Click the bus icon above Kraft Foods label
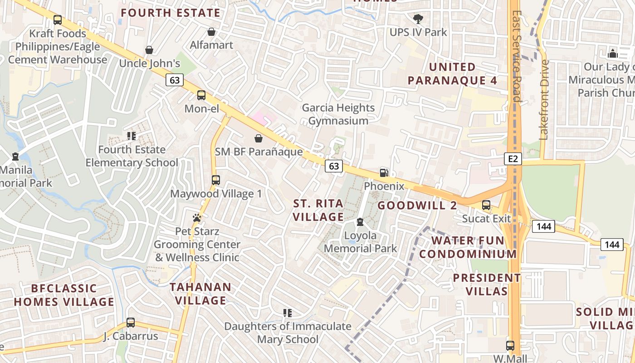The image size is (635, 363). click(58, 20)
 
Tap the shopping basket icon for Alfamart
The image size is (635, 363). click(211, 32)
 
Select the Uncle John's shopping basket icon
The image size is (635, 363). click(149, 50)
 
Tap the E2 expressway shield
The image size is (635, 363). click(513, 158)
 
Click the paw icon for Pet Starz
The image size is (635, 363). click(197, 218)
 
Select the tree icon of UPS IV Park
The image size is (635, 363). click(418, 19)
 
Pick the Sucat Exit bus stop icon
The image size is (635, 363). click(486, 205)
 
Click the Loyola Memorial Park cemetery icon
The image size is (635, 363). click(360, 222)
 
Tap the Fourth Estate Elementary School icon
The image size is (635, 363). click(132, 136)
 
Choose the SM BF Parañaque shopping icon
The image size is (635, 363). click(259, 138)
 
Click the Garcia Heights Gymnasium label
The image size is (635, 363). click(338, 114)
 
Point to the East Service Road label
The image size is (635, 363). click(516, 57)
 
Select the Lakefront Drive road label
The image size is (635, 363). click(544, 100)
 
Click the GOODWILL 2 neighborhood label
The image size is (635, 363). click(417, 206)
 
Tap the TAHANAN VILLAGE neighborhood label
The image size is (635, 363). click(200, 294)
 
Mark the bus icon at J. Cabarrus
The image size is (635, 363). click(131, 323)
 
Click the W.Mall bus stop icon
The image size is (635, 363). click(510, 346)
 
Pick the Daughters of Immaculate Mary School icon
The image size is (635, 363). click(287, 313)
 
